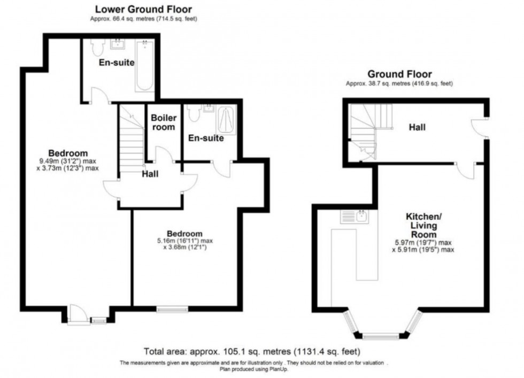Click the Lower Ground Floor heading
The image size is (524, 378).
[x=144, y=9]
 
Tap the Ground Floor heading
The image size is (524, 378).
[x=400, y=74]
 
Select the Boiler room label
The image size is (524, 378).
[x=164, y=122]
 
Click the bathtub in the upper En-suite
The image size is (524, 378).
[x=145, y=66]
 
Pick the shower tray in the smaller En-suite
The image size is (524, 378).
[x=227, y=120]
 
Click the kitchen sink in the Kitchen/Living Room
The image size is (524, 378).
[x=355, y=217]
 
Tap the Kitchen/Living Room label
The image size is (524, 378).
[x=423, y=225]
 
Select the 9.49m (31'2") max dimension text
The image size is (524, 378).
[x=68, y=161]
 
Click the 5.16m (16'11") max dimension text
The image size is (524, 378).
[x=185, y=241]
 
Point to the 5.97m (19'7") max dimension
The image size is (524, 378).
[x=423, y=243]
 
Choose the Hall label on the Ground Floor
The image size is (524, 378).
[x=418, y=127]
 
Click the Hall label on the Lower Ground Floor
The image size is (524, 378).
[x=150, y=174]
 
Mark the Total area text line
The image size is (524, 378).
[x=252, y=352]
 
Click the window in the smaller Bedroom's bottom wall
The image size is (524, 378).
[x=172, y=309]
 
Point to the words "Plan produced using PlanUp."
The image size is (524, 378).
[x=254, y=369]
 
